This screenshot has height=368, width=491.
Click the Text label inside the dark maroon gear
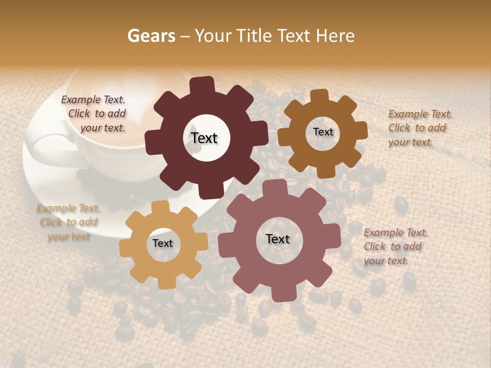pos(205,138)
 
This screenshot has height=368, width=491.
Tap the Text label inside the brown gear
pos(323,132)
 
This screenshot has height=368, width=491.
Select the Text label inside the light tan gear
pos(163,244)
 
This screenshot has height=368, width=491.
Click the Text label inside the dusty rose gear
pos(278,239)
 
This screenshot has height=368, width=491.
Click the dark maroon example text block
pos(94,114)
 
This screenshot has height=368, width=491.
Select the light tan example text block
pos(69,222)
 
